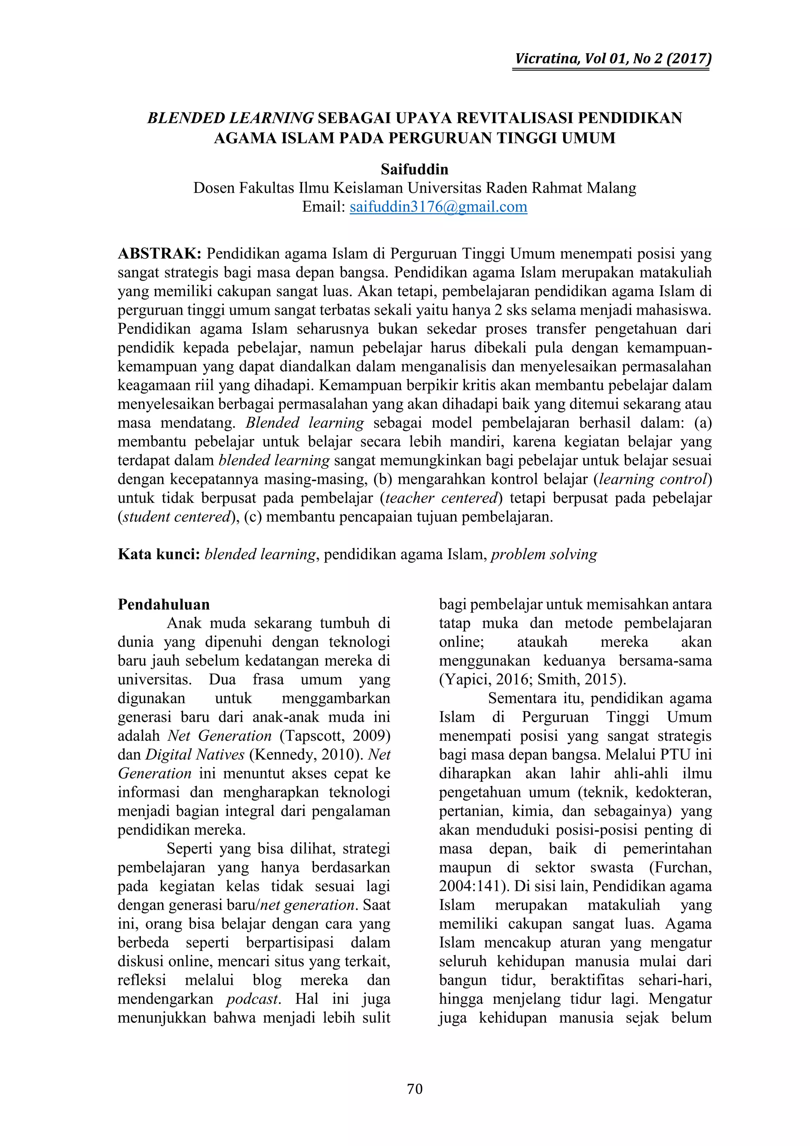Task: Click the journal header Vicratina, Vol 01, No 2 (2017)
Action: pyautogui.click(x=613, y=59)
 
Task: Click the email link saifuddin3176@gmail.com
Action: pyautogui.click(x=438, y=207)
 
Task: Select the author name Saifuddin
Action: pyautogui.click(x=414, y=170)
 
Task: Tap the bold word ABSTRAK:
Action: pyautogui.click(x=159, y=254)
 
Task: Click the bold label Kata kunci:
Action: pyautogui.click(x=159, y=554)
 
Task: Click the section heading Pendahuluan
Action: pyautogui.click(x=164, y=604)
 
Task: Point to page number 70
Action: pyautogui.click(x=414, y=1089)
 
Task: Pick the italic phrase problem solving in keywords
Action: pyautogui.click(x=544, y=554)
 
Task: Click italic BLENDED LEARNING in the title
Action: pyautogui.click(x=230, y=118)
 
